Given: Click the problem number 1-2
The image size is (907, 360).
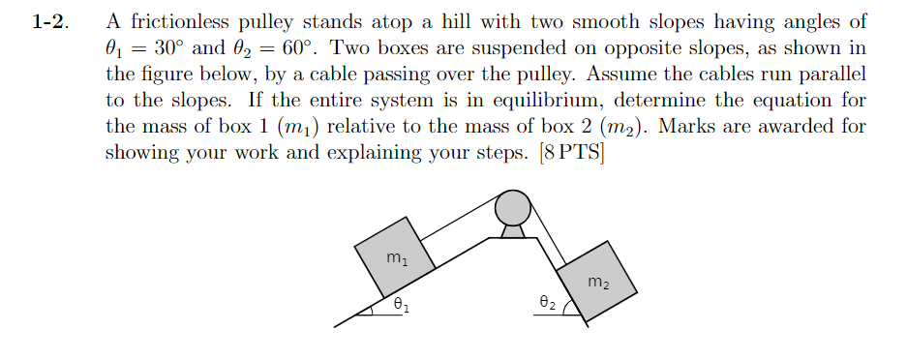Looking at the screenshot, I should coord(49,22).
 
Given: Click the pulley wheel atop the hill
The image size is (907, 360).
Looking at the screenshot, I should coord(512,207).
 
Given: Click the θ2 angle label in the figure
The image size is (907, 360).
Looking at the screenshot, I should coord(545,303).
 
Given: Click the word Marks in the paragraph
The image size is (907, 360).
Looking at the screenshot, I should coord(686,127).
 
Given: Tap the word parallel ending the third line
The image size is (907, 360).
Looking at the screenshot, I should coord(831,75).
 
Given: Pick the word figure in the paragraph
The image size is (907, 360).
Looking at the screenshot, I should coord(163,75).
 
